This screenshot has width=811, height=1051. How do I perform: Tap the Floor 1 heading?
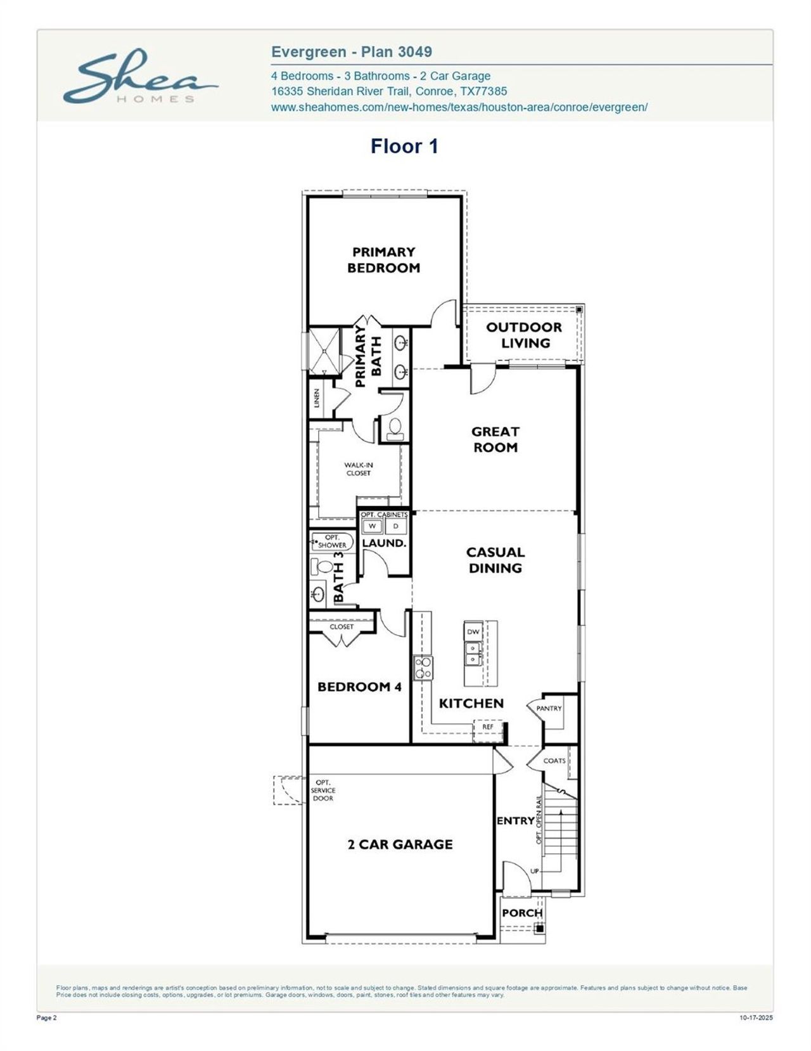404,146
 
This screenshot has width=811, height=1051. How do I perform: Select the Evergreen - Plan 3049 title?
352,52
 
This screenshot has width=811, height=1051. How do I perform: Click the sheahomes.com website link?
459,107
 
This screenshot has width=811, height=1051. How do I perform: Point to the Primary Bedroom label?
383,260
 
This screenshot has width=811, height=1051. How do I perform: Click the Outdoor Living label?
524,335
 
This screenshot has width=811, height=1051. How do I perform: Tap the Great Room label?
495,439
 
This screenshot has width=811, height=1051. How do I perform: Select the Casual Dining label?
495,560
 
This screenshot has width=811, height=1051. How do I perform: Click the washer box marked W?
372,526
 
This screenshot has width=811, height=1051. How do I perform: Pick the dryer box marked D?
396,526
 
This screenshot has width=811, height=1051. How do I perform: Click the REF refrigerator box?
487,727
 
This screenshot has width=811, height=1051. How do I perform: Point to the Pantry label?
549,708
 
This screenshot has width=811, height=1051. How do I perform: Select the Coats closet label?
554,761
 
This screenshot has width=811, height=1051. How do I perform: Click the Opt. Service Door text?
323,790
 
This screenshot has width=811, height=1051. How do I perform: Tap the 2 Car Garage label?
400,844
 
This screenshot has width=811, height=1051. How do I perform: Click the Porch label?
522,913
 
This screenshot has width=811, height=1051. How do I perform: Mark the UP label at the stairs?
535,871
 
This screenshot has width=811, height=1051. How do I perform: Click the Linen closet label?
317,398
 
